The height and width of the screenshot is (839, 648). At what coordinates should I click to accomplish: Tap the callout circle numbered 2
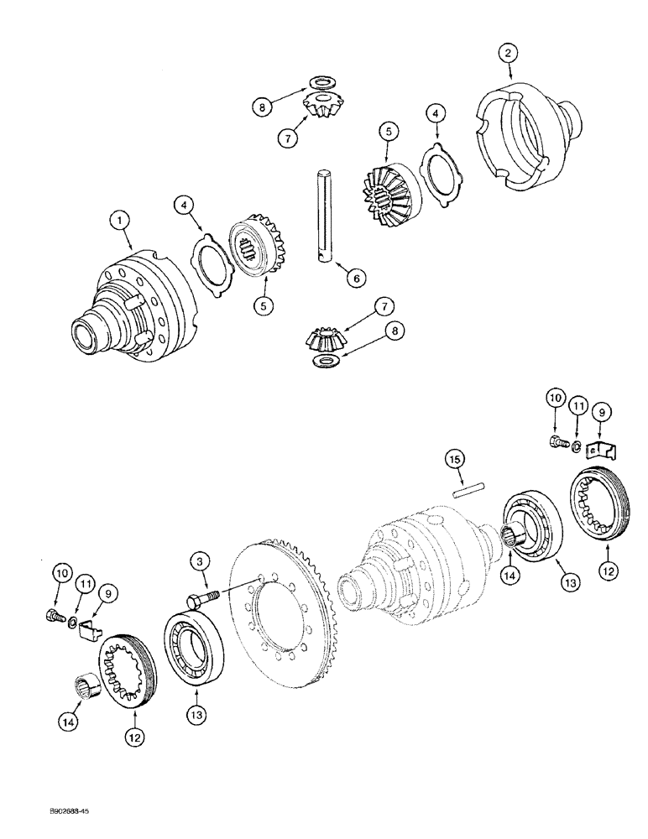[x=506, y=55]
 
